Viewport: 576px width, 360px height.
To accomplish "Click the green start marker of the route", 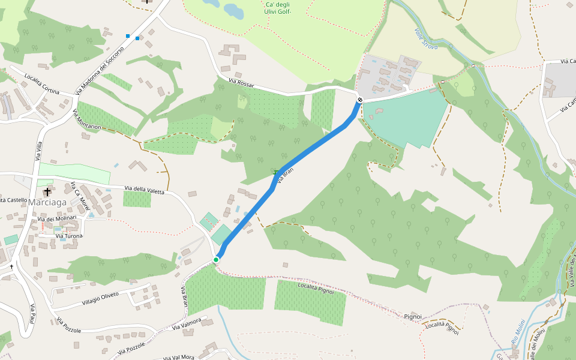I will pyautogui.click(x=216, y=259).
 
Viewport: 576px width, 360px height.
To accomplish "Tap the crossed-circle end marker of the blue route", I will pyautogui.click(x=359, y=100).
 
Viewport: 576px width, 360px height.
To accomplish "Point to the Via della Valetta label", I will pyautogui.click(x=144, y=191).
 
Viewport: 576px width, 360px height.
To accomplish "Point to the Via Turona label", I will pyautogui.click(x=69, y=236).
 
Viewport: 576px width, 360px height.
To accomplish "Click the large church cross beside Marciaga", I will pyautogui.click(x=47, y=192).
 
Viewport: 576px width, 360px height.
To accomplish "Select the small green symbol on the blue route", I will pyautogui.click(x=275, y=173).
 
